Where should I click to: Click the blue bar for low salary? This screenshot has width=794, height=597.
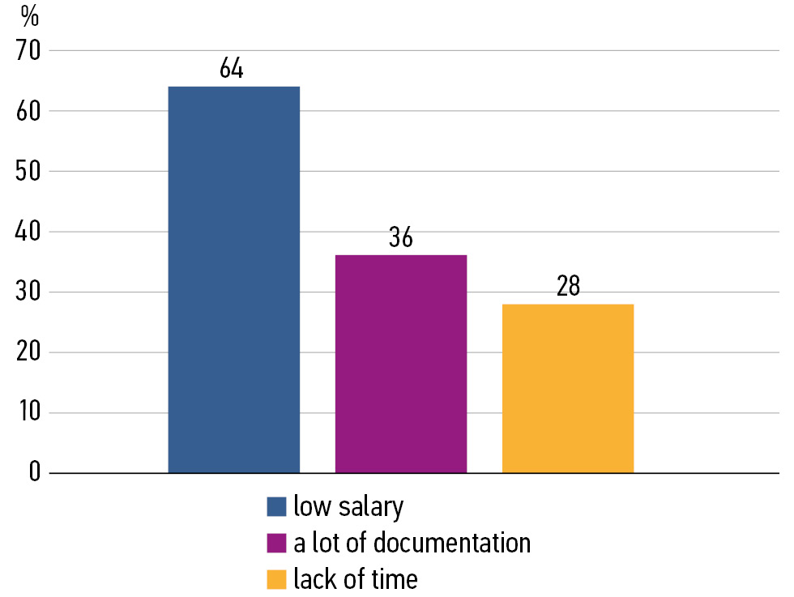click(233, 279)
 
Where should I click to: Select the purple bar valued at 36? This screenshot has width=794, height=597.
click(400, 364)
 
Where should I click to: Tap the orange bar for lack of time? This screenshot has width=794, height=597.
click(567, 388)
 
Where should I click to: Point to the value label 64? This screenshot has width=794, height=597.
click(232, 69)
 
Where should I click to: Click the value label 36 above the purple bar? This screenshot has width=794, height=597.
click(400, 238)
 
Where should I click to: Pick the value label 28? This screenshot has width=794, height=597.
click(569, 287)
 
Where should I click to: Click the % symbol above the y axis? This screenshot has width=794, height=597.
click(30, 15)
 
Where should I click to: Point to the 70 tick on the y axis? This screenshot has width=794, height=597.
click(28, 51)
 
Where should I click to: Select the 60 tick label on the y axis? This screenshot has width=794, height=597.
click(28, 111)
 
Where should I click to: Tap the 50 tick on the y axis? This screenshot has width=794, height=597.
click(28, 172)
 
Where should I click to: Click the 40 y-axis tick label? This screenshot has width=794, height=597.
click(28, 232)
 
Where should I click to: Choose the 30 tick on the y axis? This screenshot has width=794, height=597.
click(28, 292)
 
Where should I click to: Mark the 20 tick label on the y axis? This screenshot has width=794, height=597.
click(28, 353)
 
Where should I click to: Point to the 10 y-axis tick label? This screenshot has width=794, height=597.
click(28, 413)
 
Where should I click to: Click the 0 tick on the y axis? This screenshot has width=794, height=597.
click(35, 473)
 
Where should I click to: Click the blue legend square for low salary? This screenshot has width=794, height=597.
click(277, 507)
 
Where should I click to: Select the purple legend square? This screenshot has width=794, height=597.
click(277, 544)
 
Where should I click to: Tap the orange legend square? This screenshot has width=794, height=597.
click(277, 580)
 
